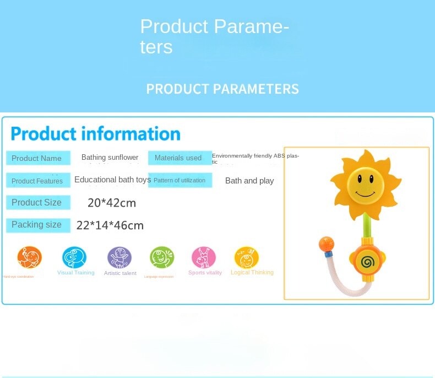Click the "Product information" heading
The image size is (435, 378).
pyautogui.click(x=96, y=134)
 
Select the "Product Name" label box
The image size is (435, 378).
pyautogui.click(x=38, y=158)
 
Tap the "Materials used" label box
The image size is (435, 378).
pyautogui.click(x=180, y=158)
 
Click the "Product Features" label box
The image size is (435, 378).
pyautogui.click(x=38, y=181)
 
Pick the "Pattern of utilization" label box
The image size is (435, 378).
pyautogui.click(x=180, y=180)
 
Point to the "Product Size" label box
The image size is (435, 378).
pyautogui.click(x=38, y=203)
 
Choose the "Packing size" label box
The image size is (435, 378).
pyautogui.click(x=38, y=225)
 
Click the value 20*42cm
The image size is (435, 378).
pyautogui.click(x=112, y=203)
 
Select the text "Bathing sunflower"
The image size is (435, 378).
pyautogui.click(x=110, y=158)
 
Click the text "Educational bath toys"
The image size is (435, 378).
pyautogui.click(x=112, y=180)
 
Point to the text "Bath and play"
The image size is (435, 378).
pyautogui.click(x=249, y=181)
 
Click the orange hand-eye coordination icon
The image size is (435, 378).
pyautogui.click(x=30, y=257)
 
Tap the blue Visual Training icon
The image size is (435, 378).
pyautogui.click(x=74, y=257)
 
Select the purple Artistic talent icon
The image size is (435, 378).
pyautogui.click(x=119, y=257)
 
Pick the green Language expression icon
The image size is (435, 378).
pyautogui.click(x=162, y=257)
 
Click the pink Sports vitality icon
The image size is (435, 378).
pyautogui.click(x=204, y=257)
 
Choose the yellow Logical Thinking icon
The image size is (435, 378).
pyautogui.click(x=246, y=257)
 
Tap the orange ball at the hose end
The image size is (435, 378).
pyautogui.click(x=326, y=243)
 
